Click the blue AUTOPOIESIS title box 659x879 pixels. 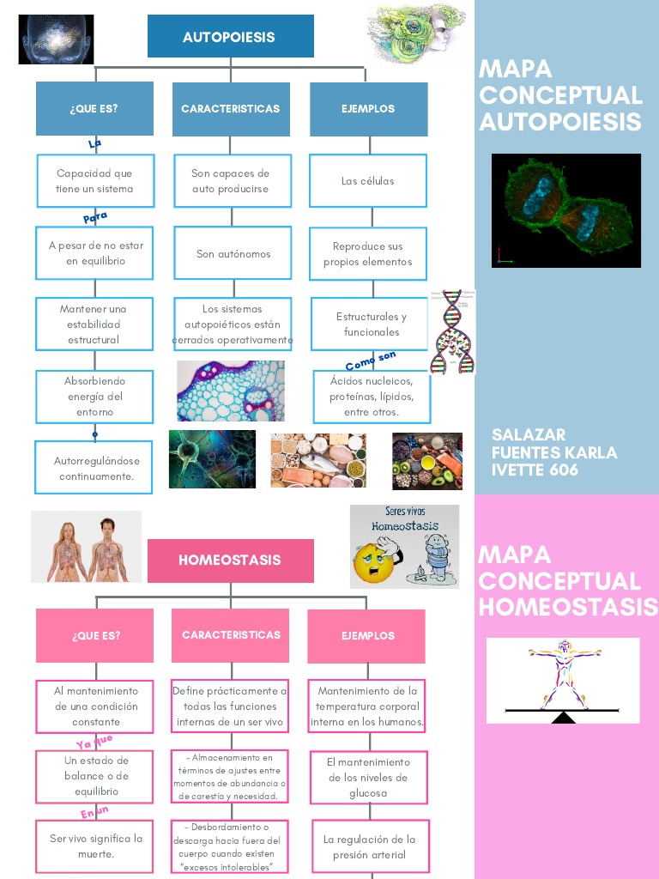[x=230, y=37]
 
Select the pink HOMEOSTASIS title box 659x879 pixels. [x=230, y=561]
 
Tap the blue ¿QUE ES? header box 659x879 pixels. [x=94, y=109]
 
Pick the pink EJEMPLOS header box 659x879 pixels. [x=366, y=636]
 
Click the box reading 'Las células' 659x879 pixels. [x=367, y=181]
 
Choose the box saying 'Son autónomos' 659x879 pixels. [x=233, y=254]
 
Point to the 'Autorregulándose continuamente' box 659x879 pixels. [x=94, y=468]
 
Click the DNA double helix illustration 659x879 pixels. [x=453, y=333]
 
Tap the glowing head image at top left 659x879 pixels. [x=56, y=39]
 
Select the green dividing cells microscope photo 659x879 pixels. [x=566, y=210]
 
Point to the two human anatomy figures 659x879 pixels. [x=86, y=547]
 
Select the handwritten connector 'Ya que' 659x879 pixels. [x=94, y=742]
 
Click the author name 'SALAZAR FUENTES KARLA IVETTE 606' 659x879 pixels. [x=554, y=452]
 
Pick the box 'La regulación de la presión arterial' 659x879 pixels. [x=368, y=847]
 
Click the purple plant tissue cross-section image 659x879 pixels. [x=230, y=391]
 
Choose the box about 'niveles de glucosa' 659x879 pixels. [x=368, y=778]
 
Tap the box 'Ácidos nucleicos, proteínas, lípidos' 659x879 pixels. [x=371, y=397]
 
